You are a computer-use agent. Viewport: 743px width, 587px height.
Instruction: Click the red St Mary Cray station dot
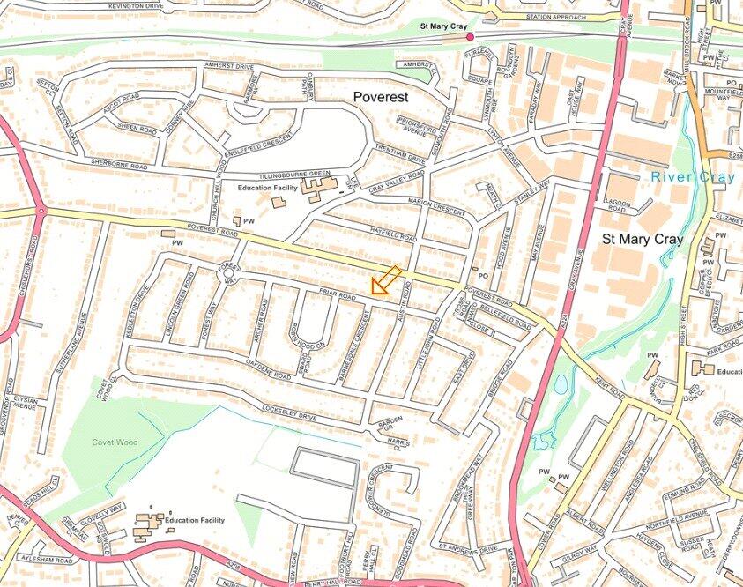pyautogui.click(x=470, y=36)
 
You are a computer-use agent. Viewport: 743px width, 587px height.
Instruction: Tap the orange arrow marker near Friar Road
pyautogui.click(x=385, y=280)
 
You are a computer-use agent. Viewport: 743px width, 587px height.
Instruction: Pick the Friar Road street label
pyautogui.click(x=336, y=298)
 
